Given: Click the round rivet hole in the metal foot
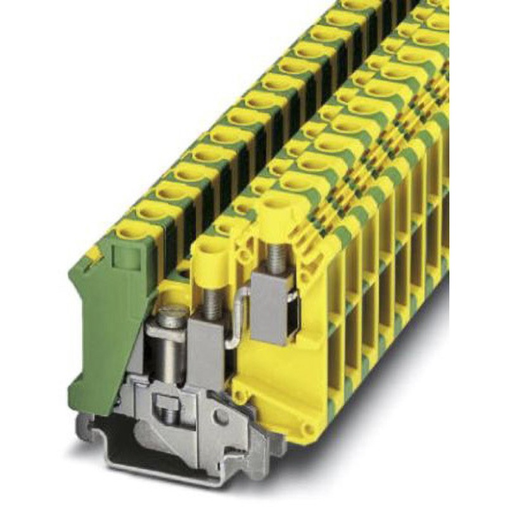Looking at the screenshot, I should [x=221, y=418].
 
